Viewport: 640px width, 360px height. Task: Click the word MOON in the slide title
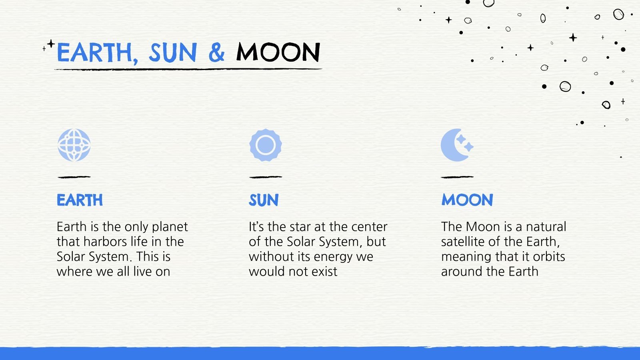click(x=278, y=52)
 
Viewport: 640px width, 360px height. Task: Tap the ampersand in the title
click(x=216, y=52)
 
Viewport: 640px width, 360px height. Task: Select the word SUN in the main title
click(x=173, y=52)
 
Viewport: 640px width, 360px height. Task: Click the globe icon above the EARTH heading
click(x=74, y=145)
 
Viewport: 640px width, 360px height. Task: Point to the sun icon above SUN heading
click(x=266, y=145)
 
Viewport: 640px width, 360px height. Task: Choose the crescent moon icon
click(x=456, y=145)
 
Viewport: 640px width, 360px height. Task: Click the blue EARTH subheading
click(x=80, y=200)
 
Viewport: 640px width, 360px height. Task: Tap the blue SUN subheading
click(x=264, y=200)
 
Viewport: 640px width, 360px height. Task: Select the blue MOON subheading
click(x=467, y=200)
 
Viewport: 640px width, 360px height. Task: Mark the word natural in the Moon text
click(x=546, y=227)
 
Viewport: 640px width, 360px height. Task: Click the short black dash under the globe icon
click(x=74, y=177)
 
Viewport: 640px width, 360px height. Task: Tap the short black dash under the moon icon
click(x=457, y=177)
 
